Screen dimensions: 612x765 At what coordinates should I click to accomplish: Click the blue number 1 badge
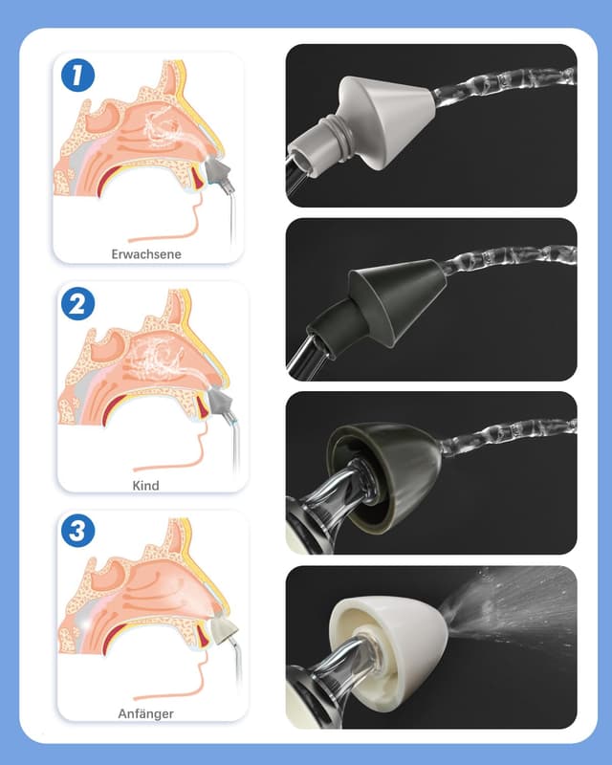click(77, 76)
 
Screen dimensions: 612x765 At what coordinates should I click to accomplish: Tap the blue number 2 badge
click(77, 303)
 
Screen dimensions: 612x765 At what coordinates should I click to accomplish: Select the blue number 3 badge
click(77, 531)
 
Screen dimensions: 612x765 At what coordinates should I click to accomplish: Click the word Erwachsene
click(146, 254)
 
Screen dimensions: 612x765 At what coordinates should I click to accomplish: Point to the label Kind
click(146, 486)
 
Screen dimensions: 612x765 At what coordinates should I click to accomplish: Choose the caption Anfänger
click(146, 713)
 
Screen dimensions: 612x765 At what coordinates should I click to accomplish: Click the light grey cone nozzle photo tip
click(361, 124)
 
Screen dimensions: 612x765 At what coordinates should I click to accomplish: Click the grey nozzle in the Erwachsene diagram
click(217, 172)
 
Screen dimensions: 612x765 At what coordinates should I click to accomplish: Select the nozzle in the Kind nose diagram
click(219, 401)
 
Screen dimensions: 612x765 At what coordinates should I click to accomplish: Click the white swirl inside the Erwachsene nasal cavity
click(165, 128)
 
